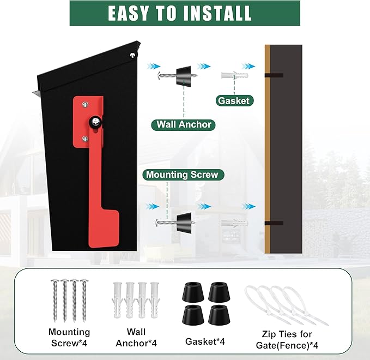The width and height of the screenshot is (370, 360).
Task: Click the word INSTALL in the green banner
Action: point(217,13)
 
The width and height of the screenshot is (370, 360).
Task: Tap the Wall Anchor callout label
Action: point(183,124)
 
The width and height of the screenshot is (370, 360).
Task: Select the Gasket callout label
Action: point(234,101)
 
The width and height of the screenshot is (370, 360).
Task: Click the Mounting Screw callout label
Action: point(183,175)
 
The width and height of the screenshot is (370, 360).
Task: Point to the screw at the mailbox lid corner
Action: point(132,55)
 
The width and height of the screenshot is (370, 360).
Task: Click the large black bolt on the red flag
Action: point(95,122)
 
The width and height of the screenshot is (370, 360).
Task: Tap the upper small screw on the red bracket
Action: point(85,104)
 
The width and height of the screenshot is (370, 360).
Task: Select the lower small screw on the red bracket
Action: point(85,139)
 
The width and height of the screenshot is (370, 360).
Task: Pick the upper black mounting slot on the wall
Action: point(274,76)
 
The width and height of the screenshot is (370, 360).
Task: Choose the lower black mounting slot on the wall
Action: point(274,223)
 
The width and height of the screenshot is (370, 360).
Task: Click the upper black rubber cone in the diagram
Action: point(184,76)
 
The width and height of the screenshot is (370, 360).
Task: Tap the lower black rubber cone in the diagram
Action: point(184,223)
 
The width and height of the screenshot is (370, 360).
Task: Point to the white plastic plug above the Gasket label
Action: point(235,75)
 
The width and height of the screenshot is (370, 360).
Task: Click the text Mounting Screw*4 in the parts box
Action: point(69,338)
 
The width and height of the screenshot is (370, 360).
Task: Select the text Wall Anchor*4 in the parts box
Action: point(136,338)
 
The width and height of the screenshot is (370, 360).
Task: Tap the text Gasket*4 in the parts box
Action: point(205,341)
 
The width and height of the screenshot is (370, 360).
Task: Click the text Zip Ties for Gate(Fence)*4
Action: point(287,340)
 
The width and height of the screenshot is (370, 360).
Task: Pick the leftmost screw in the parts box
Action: point(55,301)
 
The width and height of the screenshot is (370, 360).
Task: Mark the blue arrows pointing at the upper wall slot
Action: point(248,67)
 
